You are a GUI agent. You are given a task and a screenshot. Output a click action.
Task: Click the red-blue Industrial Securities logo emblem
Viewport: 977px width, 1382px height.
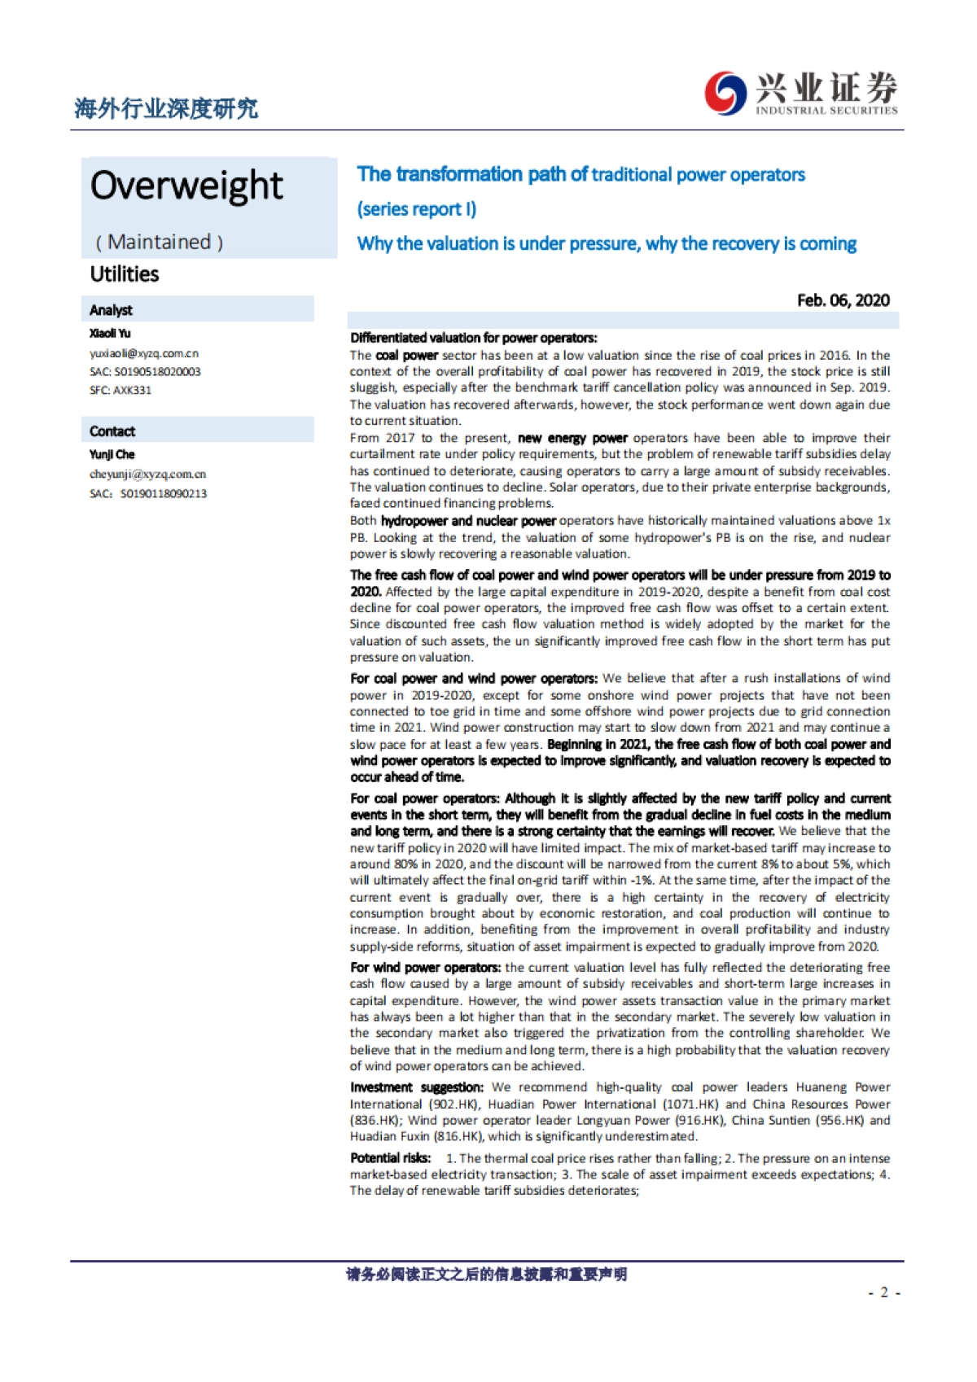tap(725, 93)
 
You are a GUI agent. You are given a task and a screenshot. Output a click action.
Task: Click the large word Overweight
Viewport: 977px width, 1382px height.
tap(186, 186)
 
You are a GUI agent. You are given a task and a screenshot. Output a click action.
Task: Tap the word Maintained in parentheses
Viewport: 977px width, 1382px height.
tap(159, 242)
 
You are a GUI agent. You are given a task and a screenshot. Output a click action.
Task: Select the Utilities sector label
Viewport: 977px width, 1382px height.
tap(125, 274)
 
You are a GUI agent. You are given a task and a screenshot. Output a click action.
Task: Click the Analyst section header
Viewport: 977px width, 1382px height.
tap(111, 310)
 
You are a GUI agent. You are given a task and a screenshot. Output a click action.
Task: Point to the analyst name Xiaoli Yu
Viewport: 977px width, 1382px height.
tap(110, 333)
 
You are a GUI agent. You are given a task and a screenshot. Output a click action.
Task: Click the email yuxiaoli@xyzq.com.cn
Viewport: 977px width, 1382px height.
tap(144, 353)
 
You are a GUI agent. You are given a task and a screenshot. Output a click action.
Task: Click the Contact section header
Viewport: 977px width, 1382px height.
tap(112, 431)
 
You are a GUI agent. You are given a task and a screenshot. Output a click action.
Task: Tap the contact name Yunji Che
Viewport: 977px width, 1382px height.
tap(112, 454)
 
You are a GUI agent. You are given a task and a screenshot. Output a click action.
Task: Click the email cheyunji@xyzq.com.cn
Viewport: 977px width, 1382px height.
tap(147, 474)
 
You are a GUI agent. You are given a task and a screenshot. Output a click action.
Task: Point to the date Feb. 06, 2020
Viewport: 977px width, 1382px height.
tap(843, 300)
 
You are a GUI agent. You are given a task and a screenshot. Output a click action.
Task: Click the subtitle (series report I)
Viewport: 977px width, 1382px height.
tap(417, 209)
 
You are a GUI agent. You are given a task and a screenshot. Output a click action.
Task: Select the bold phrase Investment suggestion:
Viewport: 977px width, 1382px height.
tap(417, 1087)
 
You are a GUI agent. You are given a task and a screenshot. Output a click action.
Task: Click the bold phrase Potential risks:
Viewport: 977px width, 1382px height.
tap(391, 1158)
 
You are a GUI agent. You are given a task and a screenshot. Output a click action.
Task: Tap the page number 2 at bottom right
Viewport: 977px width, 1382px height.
tap(884, 1292)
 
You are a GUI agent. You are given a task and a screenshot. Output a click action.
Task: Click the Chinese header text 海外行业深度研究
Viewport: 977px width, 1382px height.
tap(165, 108)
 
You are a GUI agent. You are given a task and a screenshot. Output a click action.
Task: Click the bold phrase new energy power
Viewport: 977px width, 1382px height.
tap(572, 438)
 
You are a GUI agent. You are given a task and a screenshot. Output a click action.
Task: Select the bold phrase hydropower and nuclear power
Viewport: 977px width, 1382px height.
tap(468, 521)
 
